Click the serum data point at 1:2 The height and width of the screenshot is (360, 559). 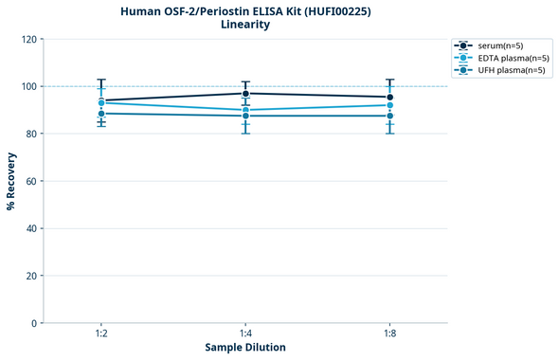(x=101, y=100)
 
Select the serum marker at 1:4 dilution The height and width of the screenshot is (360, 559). (x=245, y=93)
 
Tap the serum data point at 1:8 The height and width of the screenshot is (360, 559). (x=389, y=97)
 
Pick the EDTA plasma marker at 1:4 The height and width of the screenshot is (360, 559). (x=245, y=110)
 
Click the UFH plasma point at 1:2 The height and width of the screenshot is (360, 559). (x=101, y=114)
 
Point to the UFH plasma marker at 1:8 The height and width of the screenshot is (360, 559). (x=389, y=116)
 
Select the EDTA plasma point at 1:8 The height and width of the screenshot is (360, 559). (x=389, y=105)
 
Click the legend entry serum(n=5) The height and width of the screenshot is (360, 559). (x=501, y=45)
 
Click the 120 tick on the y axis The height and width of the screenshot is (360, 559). (x=28, y=39)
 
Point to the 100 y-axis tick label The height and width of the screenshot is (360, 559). (x=28, y=86)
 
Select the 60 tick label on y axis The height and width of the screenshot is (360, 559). (x=31, y=181)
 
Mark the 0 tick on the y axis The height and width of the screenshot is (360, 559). (x=34, y=323)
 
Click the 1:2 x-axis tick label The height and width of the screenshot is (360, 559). (x=101, y=334)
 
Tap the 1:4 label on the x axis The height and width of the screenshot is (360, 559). (x=245, y=334)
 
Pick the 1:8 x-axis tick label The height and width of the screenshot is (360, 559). (x=389, y=334)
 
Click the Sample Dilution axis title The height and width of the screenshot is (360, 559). (x=245, y=348)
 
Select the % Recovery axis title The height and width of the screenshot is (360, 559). (x=11, y=181)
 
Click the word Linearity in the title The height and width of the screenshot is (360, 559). (x=245, y=25)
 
